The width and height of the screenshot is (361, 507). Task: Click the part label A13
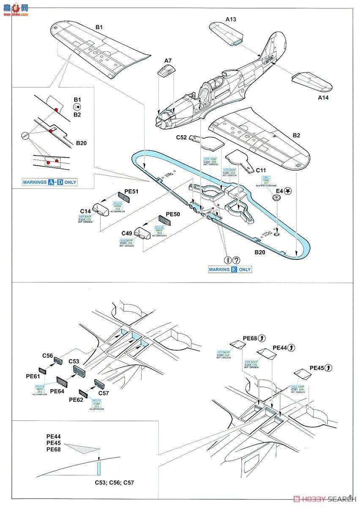pos(230,19)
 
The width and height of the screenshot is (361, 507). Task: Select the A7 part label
pos(168,61)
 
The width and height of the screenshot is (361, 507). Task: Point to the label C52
pos(182,137)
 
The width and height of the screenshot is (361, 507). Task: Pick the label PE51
pos(132,191)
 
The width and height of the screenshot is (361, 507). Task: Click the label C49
pos(127,233)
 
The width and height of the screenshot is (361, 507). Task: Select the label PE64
pos(57,391)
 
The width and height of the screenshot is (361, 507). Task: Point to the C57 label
pos(103,393)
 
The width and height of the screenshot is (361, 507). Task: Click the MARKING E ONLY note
pos(230,269)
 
